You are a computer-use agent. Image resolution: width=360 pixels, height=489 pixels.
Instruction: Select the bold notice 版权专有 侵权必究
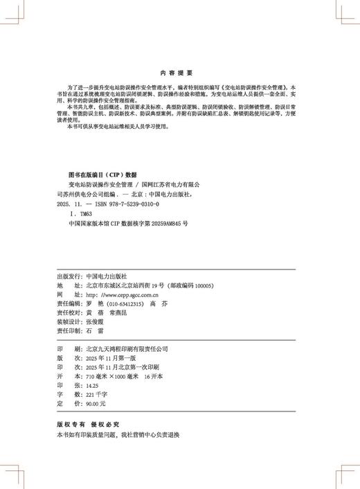pos(87,424)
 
